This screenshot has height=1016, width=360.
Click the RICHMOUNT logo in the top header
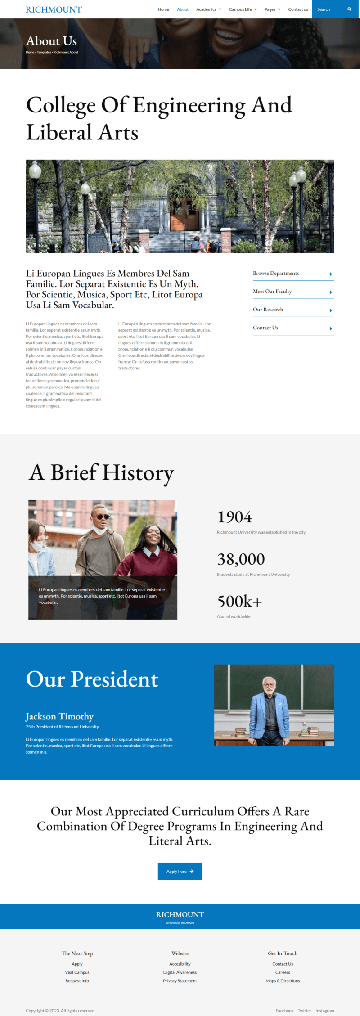pyautogui.click(x=54, y=9)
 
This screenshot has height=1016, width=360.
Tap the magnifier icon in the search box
pyautogui.click(x=349, y=9)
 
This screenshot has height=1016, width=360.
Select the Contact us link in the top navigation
pyautogui.click(x=298, y=9)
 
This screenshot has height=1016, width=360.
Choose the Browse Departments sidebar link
pyautogui.click(x=276, y=274)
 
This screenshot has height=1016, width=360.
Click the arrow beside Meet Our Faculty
pyautogui.click(x=331, y=292)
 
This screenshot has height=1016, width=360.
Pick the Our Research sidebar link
pyautogui.click(x=268, y=310)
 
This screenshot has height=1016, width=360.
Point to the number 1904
pyautogui.click(x=235, y=517)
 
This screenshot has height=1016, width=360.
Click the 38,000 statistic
pyautogui.click(x=241, y=560)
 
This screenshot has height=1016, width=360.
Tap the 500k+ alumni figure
pyautogui.click(x=239, y=602)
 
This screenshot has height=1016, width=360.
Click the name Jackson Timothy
pyautogui.click(x=59, y=717)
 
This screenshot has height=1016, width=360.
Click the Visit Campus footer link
pyautogui.click(x=77, y=972)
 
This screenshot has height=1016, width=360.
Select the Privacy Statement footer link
pyautogui.click(x=180, y=981)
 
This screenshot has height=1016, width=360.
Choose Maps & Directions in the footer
pyautogui.click(x=283, y=981)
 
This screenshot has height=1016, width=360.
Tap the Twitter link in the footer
pyautogui.click(x=305, y=1011)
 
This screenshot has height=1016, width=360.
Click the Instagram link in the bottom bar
pyautogui.click(x=325, y=1011)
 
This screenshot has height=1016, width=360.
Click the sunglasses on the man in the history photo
pyautogui.click(x=102, y=517)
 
